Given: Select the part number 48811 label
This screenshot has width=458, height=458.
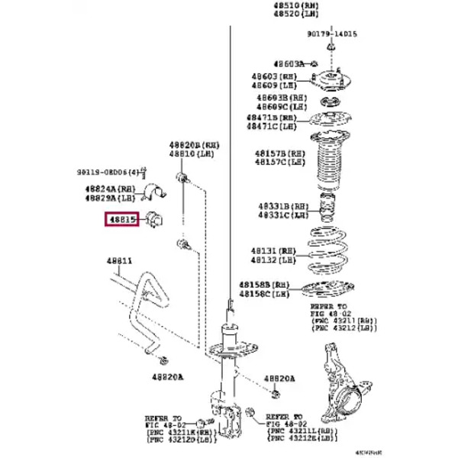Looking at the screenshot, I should [x=119, y=262].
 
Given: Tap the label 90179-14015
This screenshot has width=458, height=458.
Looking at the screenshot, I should [x=332, y=34].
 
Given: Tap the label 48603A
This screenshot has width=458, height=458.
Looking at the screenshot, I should [x=287, y=63].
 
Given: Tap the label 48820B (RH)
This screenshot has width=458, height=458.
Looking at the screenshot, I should [x=194, y=144].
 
